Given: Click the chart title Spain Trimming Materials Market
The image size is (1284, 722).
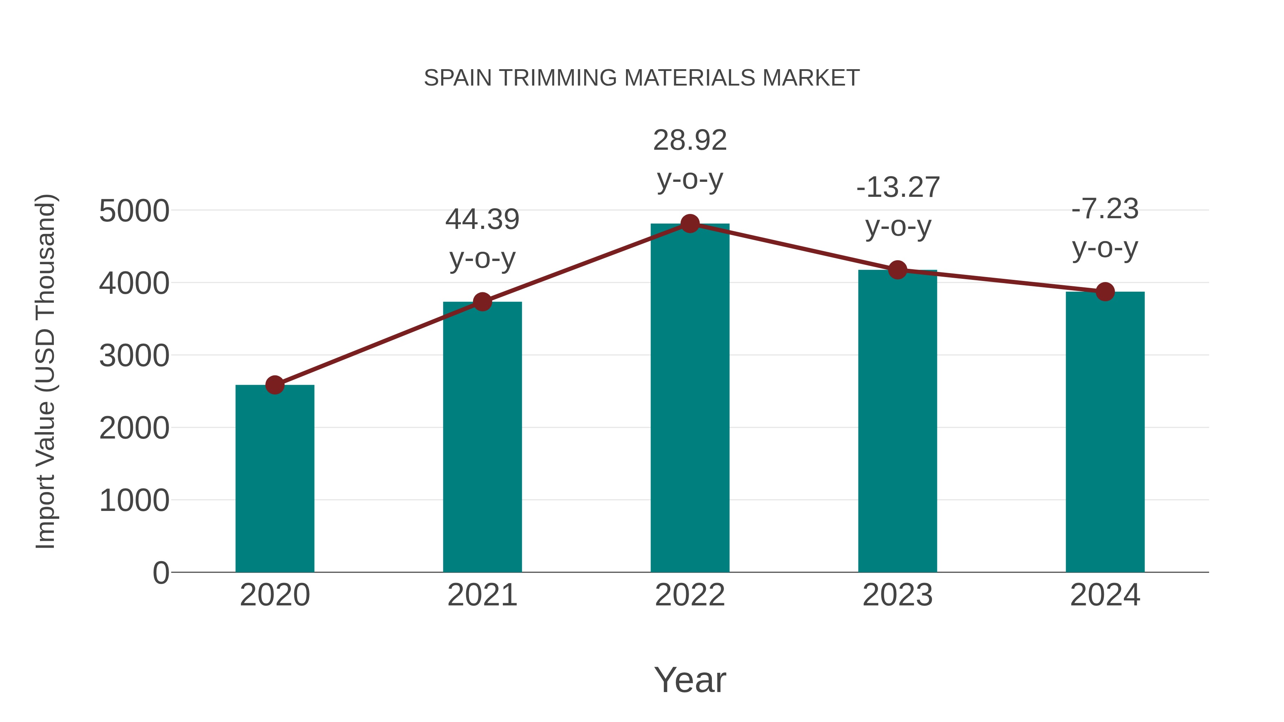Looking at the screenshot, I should tap(642, 78).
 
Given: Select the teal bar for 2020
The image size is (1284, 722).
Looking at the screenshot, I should tap(275, 478).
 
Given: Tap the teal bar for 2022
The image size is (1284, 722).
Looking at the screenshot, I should tap(690, 399).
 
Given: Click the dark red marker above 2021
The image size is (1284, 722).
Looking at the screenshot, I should tap(482, 301).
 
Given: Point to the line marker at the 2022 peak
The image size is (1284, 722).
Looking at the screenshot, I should tap(690, 224).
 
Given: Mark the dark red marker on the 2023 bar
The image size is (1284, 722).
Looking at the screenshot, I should tap(897, 270).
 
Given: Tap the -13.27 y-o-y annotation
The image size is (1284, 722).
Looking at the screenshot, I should tap(898, 207).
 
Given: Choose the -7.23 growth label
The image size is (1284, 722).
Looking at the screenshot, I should tap(1105, 228).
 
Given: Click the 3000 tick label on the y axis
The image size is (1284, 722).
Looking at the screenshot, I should tap(134, 356).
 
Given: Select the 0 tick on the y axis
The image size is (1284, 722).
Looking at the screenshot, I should tap(160, 573).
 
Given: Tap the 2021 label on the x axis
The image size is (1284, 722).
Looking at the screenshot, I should tap(482, 595).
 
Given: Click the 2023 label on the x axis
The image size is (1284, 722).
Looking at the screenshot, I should tap(897, 595).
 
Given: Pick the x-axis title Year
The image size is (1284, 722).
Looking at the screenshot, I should tap(690, 680).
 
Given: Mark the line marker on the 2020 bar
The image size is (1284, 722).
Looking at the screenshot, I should tap(275, 385).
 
